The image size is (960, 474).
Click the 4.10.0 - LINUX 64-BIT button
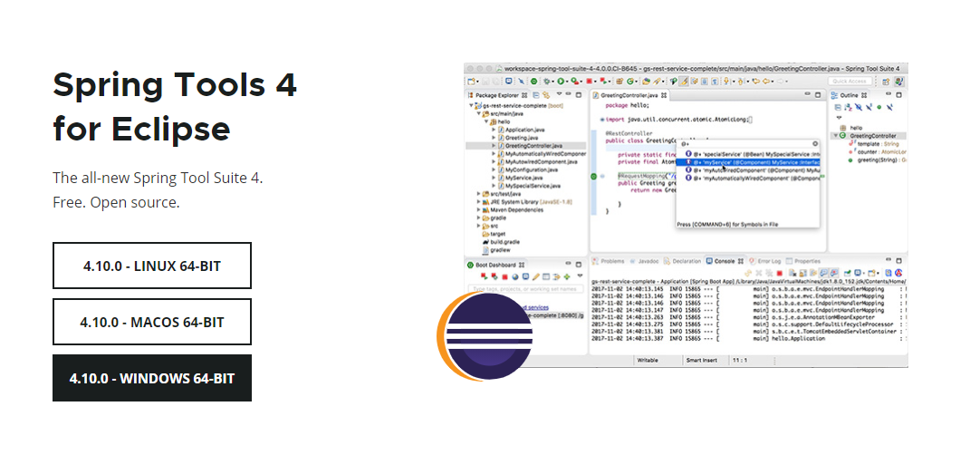point(151,266)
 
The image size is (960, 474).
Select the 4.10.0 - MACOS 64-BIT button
point(151,322)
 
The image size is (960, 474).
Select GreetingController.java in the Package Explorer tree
point(533,146)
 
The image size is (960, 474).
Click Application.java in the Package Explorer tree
point(524,130)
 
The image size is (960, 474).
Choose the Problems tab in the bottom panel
point(612,261)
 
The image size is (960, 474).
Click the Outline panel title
point(849,95)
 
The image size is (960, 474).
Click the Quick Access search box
point(850,82)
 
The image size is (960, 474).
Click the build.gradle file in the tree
point(506,242)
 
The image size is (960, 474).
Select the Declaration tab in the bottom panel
point(686,261)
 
